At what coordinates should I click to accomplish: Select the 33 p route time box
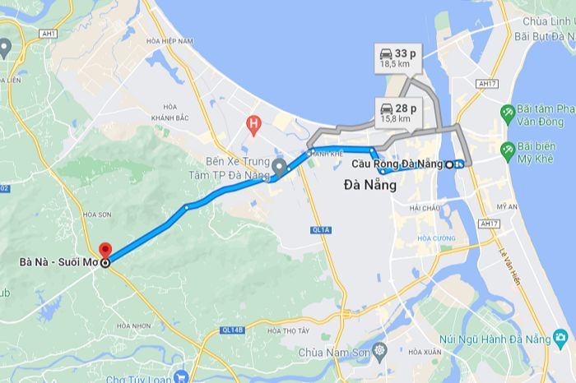pos(397,58)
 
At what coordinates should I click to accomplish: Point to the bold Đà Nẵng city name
pos(369,186)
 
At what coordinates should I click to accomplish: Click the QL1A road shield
pos(321,230)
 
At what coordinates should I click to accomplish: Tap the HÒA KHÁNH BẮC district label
pos(170,111)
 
